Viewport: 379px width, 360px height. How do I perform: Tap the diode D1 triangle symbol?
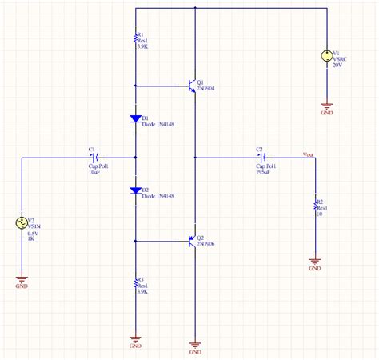(136, 119)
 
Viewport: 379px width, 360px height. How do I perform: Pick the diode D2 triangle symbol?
(136, 191)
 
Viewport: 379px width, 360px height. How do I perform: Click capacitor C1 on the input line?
(95, 158)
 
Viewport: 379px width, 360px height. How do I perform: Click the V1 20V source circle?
(325, 57)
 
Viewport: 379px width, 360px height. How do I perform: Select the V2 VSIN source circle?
(22, 224)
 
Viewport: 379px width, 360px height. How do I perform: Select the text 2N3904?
(207, 90)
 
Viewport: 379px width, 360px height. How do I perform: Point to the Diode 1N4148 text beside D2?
(159, 196)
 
